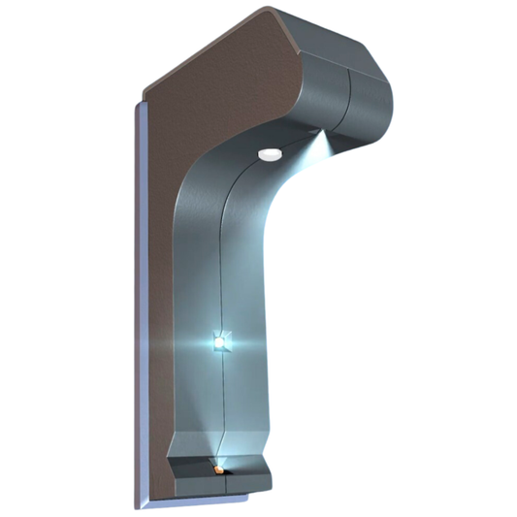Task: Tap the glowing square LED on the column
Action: tap(220, 341)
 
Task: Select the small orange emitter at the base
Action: tap(219, 469)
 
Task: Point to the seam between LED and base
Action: tap(224, 398)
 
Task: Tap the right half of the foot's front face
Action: tap(246, 482)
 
